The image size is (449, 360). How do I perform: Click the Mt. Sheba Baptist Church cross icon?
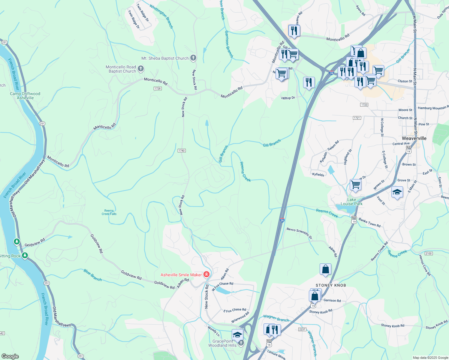click(x=193, y=58)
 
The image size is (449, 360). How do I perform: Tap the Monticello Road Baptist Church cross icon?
click(x=141, y=69)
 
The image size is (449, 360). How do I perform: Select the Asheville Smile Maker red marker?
click(x=206, y=274)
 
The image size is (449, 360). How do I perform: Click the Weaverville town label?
click(x=414, y=138)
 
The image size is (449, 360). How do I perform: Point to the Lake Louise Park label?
click(x=351, y=202)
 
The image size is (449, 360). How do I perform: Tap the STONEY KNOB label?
click(x=331, y=285)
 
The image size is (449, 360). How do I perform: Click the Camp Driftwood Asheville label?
click(x=25, y=96)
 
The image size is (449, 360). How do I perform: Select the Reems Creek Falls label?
click(x=109, y=212)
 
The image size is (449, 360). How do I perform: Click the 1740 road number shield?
click(x=182, y=151)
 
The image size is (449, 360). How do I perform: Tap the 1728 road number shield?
click(x=158, y=88)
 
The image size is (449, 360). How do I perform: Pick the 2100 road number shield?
click(x=428, y=253)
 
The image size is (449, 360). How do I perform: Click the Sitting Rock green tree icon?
click(x=25, y=256)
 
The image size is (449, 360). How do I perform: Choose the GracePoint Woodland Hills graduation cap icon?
click(x=237, y=335)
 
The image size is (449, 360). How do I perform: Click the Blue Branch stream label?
click(x=93, y=275)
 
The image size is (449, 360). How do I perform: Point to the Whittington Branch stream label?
click(x=161, y=16)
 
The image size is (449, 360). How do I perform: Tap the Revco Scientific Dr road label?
click(x=299, y=233)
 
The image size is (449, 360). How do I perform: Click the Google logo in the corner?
click(x=10, y=356)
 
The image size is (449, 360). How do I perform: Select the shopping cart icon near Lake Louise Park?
click(x=355, y=184)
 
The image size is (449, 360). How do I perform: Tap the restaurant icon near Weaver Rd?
click(x=294, y=31)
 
